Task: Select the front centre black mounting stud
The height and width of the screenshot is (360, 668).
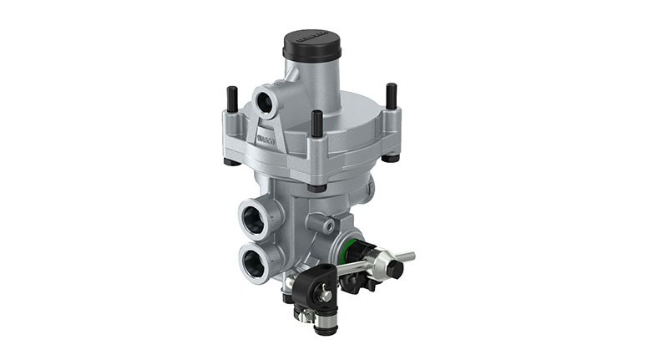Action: pos(317,125)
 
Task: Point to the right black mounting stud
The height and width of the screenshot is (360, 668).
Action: pos(390,96)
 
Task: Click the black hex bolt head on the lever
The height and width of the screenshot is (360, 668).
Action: pos(393,270)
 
